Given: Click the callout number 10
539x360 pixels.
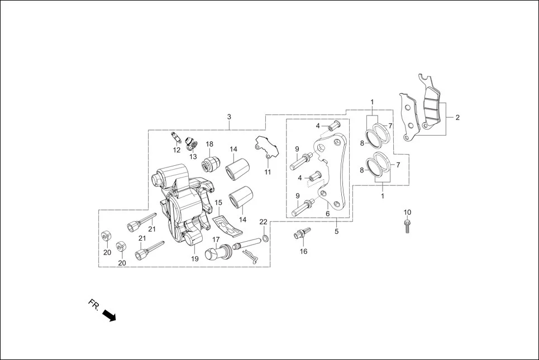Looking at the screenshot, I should tap(407, 212).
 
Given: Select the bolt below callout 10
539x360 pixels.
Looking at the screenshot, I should tap(407, 226).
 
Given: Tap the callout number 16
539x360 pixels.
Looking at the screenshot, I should tap(303, 251).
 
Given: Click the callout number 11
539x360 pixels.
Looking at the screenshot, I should tap(268, 172).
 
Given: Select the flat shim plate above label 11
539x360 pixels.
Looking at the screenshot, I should tap(263, 148).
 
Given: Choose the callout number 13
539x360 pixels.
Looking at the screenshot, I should tap(193, 156).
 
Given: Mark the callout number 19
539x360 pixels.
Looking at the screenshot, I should tap(195, 258).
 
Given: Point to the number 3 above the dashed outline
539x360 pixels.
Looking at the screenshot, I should tap(229, 117).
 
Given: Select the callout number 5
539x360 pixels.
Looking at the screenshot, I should tap(336, 231).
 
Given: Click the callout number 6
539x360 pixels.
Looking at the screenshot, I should tap(327, 213).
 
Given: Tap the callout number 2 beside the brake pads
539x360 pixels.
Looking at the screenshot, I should tap(457, 118).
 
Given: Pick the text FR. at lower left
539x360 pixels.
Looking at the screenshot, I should tap(93, 304).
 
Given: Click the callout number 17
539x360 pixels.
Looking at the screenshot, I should tap(216, 239).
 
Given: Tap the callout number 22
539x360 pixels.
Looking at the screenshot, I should tap(263, 222).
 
